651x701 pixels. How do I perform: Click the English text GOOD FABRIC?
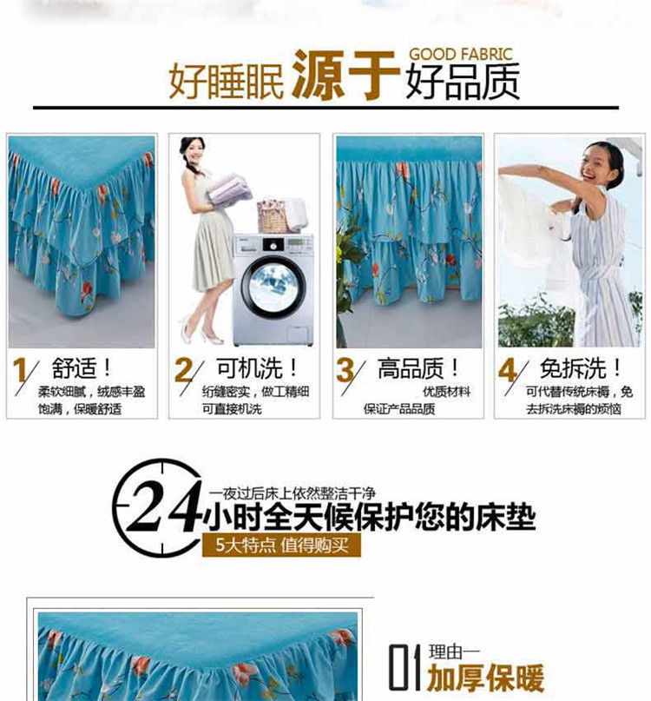(461, 54)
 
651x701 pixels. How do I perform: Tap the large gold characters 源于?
(344, 75)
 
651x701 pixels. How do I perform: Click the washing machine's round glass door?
(273, 287)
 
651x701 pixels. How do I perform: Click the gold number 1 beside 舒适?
(21, 369)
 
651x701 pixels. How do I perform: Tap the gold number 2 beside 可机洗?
(184, 369)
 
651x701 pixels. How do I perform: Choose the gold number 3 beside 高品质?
(345, 369)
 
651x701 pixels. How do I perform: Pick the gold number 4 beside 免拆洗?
(508, 369)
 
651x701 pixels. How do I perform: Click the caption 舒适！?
(82, 368)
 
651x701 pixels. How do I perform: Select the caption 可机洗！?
(257, 368)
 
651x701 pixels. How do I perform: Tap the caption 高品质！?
(418, 368)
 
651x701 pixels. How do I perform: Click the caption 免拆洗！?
(581, 368)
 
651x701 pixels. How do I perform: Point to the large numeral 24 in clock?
(163, 507)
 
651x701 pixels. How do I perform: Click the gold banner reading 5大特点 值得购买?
(281, 545)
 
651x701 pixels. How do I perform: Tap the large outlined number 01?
(404, 667)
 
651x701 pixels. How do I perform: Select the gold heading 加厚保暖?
(485, 678)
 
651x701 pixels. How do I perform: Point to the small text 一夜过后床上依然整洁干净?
(293, 493)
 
